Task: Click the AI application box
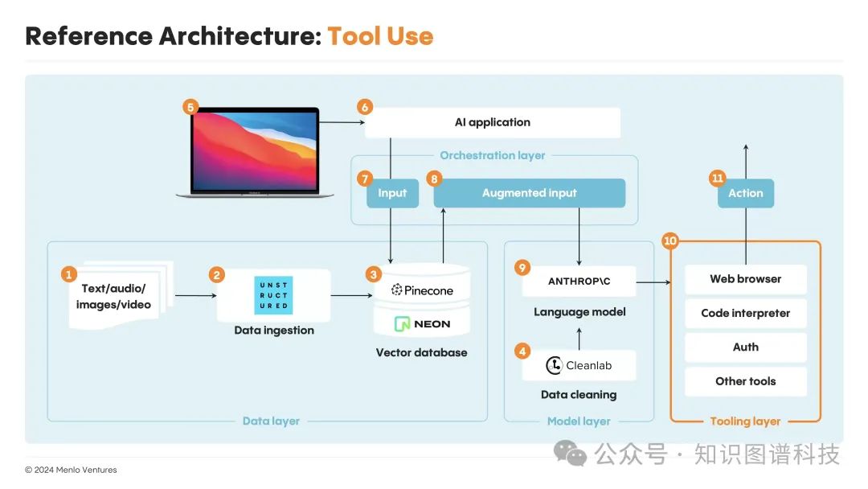493,122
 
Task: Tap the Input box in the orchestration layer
392,193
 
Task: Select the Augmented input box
529,193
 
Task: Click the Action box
745,193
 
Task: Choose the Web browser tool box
745,279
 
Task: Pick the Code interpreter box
745,313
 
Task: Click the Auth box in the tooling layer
745,347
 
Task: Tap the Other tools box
745,381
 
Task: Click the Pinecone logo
423,290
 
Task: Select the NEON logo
423,324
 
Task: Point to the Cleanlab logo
579,365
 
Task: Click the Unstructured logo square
273,295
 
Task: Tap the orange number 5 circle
190,106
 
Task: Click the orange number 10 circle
669,240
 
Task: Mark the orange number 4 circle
522,351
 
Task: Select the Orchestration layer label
492,155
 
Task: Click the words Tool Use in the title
380,36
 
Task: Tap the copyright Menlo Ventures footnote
71,470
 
